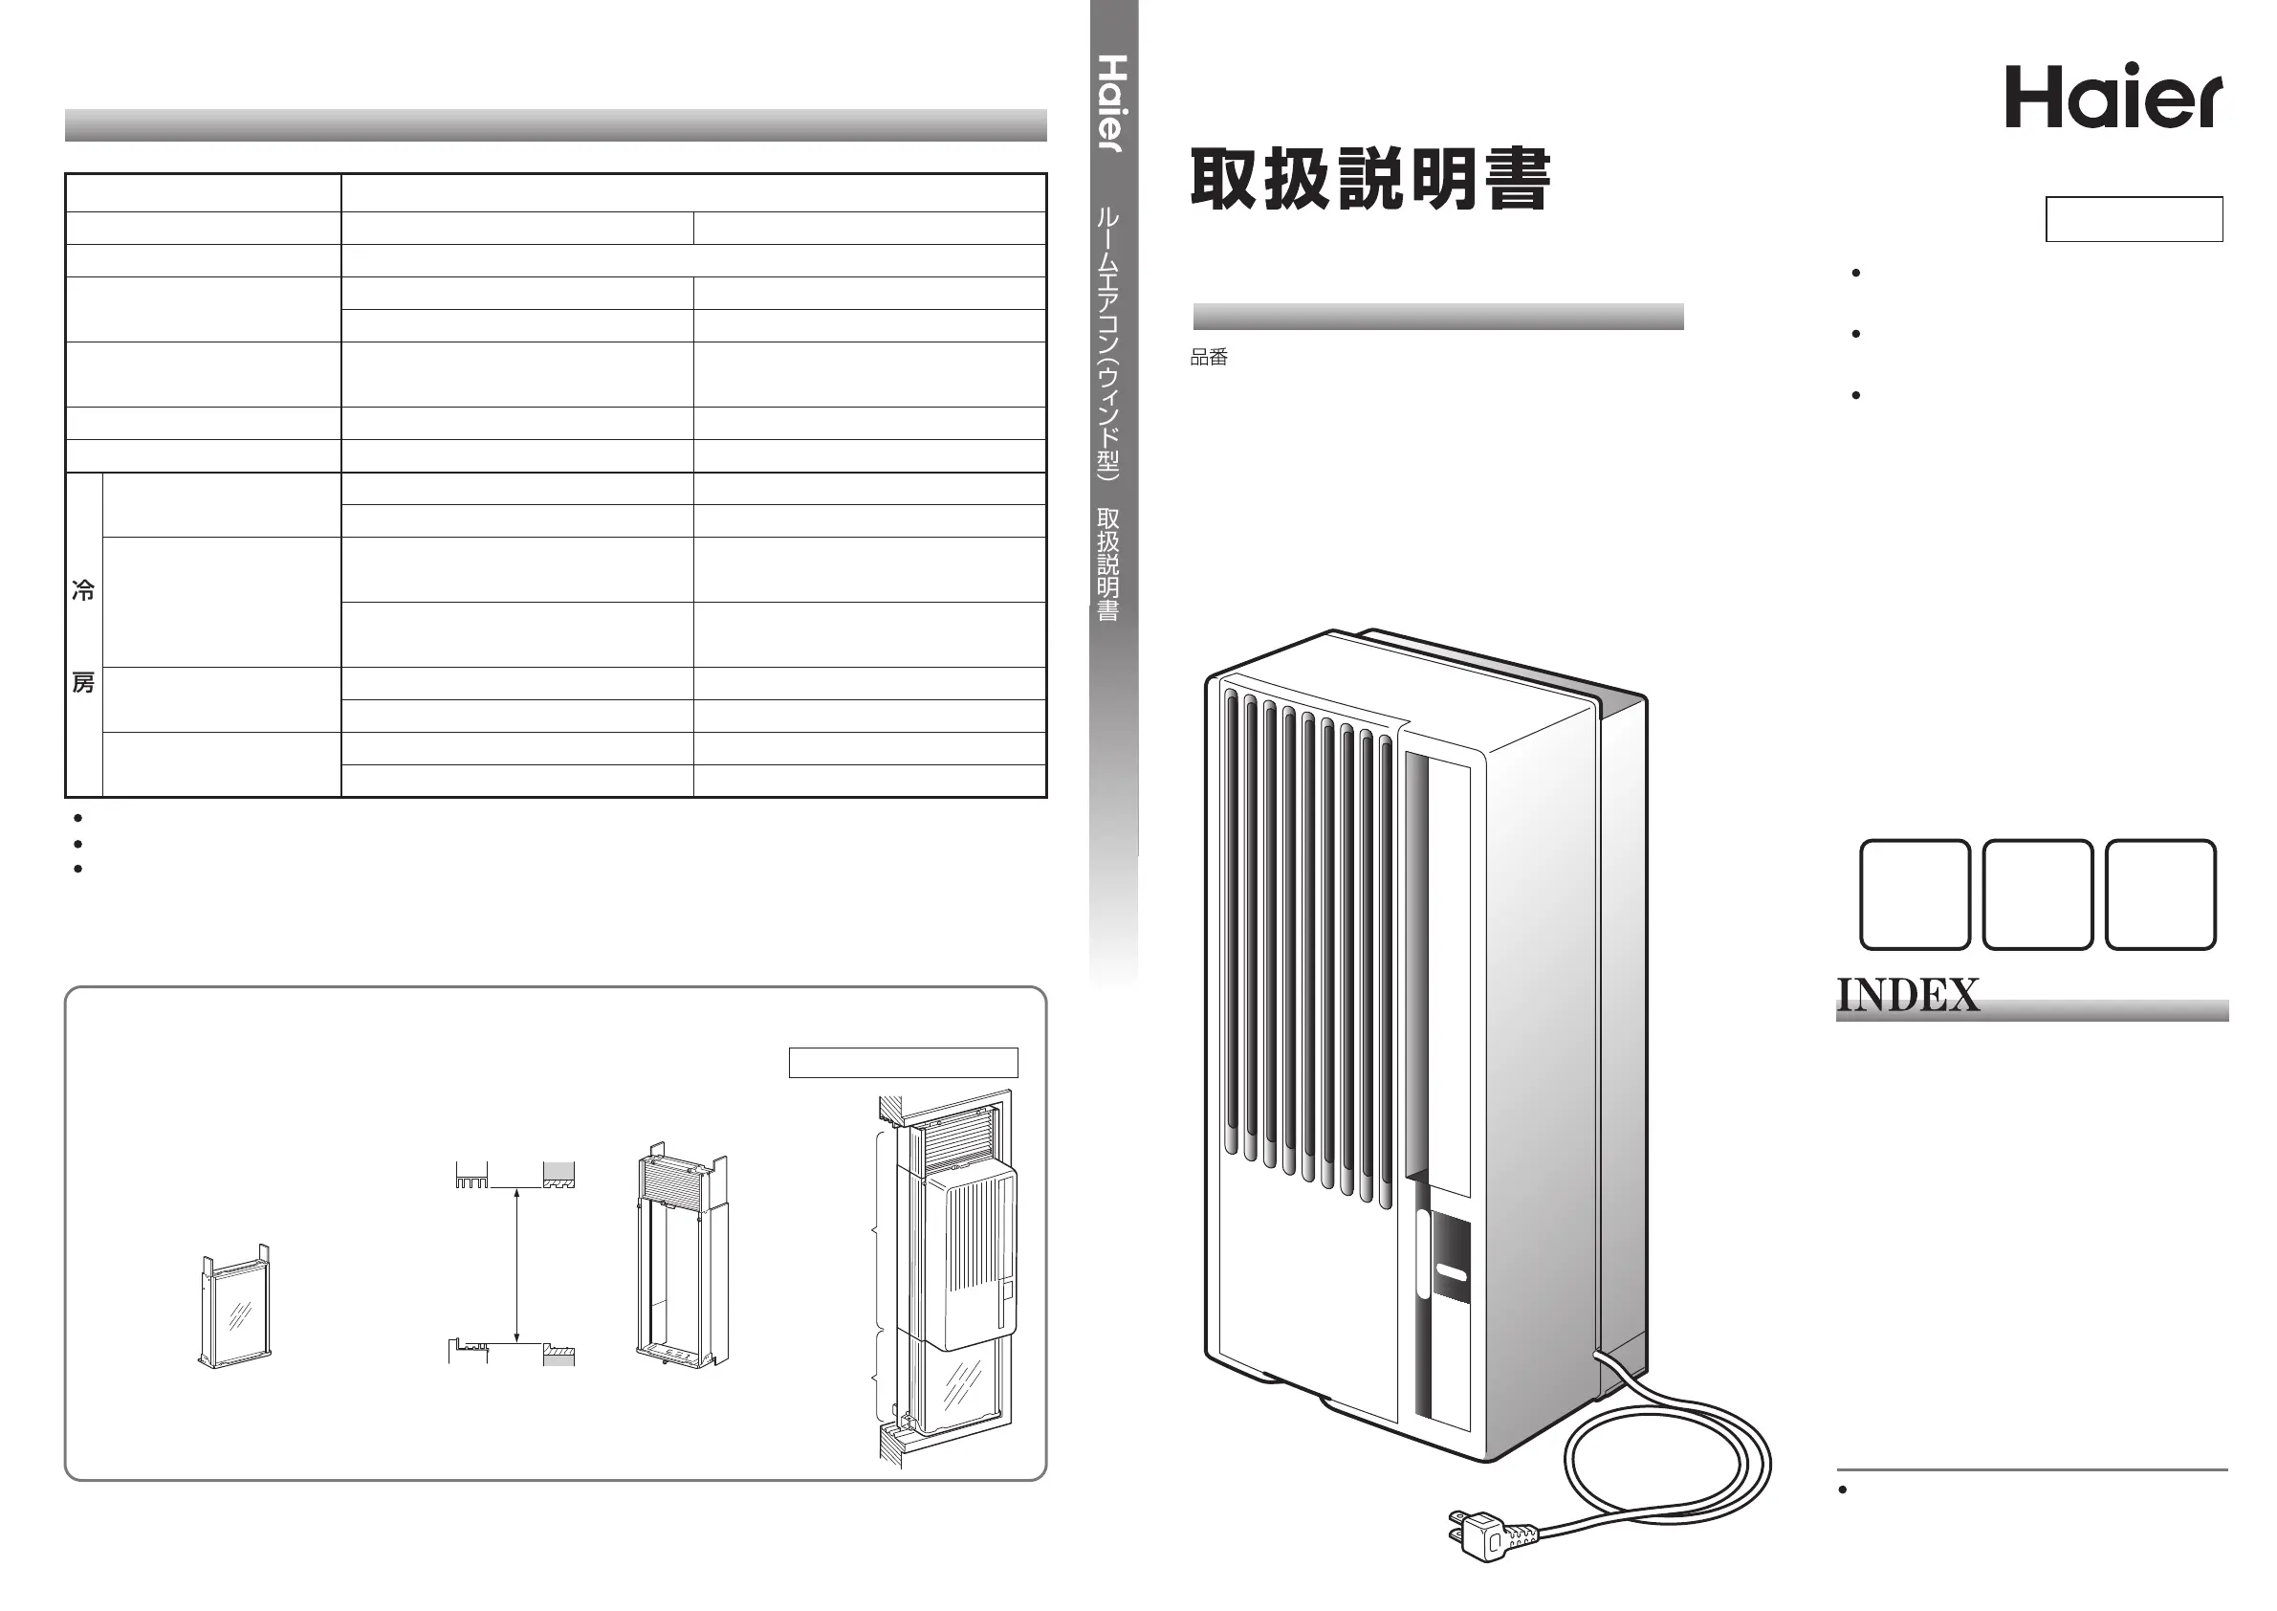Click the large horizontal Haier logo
(2113, 98)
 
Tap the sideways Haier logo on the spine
(1113, 103)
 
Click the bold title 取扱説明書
(1369, 180)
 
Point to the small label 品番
(1209, 357)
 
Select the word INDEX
(1907, 995)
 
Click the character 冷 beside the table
(83, 591)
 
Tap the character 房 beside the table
(83, 682)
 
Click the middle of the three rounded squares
(2037, 894)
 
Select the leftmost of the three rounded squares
(1914, 894)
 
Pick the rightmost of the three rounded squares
(2160, 894)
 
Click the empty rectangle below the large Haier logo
(2134, 219)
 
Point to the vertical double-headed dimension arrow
(516, 1267)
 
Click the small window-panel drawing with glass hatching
(235, 1309)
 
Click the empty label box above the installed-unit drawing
(903, 1062)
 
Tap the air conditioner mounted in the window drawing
(958, 1255)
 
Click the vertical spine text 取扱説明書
(1107, 564)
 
